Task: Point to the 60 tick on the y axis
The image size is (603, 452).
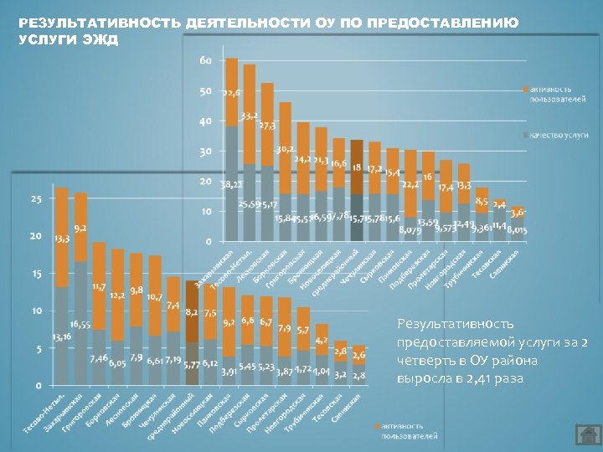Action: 205,61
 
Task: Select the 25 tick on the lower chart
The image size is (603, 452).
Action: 36,199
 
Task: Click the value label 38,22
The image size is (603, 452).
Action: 232,183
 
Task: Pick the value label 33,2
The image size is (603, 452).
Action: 250,116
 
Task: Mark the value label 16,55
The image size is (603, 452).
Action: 80,324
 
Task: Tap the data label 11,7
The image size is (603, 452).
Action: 99,287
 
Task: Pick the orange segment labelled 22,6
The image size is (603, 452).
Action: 232,92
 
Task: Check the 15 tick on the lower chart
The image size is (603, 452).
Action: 36,274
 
